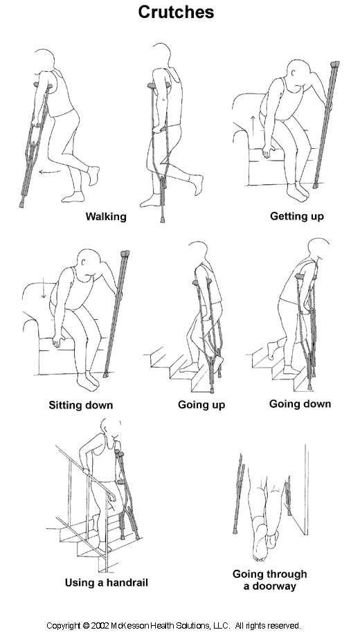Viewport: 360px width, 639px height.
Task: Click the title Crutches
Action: [176, 12]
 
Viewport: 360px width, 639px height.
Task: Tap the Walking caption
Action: [106, 217]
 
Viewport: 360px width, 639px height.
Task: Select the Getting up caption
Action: [297, 217]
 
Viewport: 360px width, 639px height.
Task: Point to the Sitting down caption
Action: [81, 405]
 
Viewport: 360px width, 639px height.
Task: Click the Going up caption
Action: [201, 405]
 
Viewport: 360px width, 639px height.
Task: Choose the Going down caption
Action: [300, 404]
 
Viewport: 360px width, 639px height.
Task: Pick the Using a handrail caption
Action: [107, 583]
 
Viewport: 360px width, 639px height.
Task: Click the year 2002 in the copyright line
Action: [100, 626]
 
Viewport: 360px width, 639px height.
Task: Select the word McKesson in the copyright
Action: [129, 626]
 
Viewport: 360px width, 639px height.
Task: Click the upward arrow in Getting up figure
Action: [253, 125]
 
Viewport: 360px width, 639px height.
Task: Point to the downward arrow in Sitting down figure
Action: [44, 288]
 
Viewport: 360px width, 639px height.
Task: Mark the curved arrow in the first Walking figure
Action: [50, 172]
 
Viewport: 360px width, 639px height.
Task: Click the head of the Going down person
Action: [318, 250]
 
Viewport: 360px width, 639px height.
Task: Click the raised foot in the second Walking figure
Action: [197, 183]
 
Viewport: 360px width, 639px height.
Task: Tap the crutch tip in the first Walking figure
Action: [21, 204]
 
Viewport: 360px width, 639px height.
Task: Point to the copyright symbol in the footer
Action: [86, 626]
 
